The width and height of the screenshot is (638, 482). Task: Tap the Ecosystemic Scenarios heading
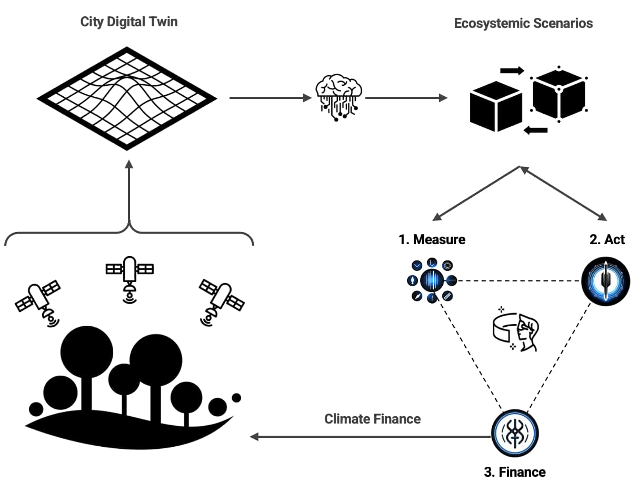[x=523, y=23]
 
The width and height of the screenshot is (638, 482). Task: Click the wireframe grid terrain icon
[x=127, y=98]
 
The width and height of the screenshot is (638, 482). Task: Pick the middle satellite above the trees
[x=129, y=276]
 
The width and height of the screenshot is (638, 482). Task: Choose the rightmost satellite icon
[x=221, y=302]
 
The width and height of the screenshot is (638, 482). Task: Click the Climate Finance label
[x=372, y=419]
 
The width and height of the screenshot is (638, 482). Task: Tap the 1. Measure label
[x=432, y=240]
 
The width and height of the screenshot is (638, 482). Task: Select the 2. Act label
[x=607, y=240]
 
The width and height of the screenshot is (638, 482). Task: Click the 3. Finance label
[x=514, y=471]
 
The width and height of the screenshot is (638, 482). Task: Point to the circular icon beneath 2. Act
[x=605, y=282]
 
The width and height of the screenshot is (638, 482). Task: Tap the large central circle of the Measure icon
[x=432, y=280]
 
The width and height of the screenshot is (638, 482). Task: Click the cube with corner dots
[x=559, y=93]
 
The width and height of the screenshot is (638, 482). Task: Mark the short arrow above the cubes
[x=512, y=71]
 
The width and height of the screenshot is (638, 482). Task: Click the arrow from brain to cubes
[x=406, y=98]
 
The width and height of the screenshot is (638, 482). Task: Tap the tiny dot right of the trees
[x=236, y=397]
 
